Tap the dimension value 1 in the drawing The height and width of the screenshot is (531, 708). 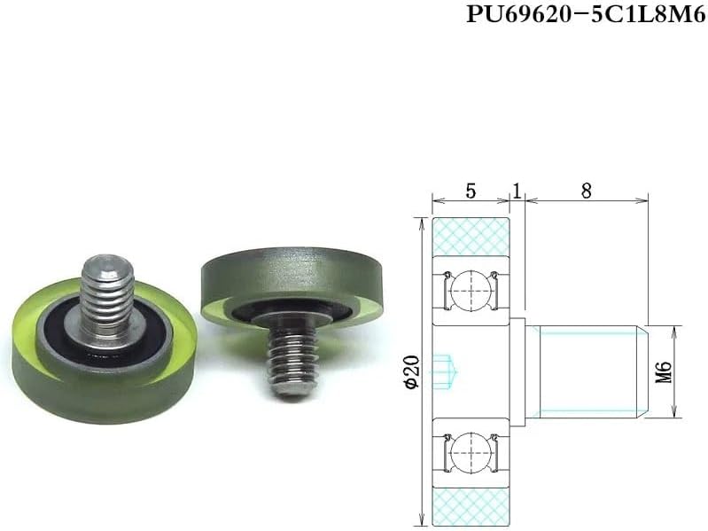(516, 190)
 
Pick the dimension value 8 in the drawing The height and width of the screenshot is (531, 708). (586, 190)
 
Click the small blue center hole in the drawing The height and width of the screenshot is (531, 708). (447, 371)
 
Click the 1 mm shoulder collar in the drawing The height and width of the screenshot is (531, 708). (522, 371)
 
